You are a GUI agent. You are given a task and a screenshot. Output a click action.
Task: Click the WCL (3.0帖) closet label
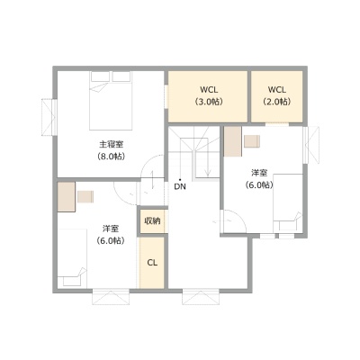coord(209,95)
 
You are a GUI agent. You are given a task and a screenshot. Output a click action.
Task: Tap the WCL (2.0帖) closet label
coord(277,95)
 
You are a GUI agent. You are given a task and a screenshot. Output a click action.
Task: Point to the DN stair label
coord(180,186)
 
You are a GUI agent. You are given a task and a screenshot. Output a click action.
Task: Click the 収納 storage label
coord(152,221)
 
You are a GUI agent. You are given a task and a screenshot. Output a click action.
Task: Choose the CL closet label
coord(152,263)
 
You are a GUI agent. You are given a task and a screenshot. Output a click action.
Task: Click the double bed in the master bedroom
coord(111,101)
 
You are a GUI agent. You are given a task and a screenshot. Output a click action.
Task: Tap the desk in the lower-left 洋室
coord(67,197)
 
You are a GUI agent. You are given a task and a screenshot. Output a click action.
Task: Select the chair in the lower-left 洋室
coord(85,197)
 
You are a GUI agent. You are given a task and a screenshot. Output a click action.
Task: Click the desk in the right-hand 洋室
coord(233,141)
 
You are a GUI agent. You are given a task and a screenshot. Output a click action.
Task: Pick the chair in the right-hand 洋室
coord(252,141)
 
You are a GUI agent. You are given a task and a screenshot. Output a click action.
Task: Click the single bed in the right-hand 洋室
coord(288,203)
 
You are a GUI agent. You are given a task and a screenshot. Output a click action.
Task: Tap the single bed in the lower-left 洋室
coord(72,257)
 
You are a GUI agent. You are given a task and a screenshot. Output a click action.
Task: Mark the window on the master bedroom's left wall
coord(49,117)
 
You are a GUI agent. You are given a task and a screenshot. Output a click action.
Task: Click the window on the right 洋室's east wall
coord(310,145)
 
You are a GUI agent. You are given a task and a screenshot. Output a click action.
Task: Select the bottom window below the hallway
coord(201,297)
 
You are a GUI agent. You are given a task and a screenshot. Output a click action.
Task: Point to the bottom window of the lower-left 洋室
coord(111,297)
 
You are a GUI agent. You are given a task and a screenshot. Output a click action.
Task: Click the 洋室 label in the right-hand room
coord(259,173)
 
